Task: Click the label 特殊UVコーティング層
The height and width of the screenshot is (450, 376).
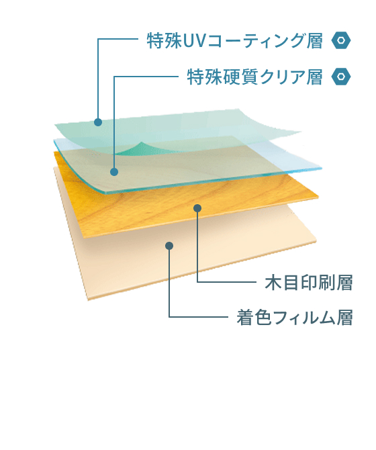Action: pos(235,41)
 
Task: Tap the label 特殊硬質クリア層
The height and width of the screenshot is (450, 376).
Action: pos(255,77)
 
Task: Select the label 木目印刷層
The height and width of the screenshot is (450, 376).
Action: pos(309,283)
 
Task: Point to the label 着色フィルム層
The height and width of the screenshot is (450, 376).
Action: pos(295,318)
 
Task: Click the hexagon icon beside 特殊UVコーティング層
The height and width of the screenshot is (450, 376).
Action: pos(341,40)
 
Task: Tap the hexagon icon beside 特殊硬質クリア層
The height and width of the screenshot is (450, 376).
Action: pos(341,77)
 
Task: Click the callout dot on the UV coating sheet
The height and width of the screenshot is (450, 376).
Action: pos(98,122)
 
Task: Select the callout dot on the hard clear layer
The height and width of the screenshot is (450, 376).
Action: pos(114,172)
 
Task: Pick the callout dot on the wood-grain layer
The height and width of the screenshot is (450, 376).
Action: pos(197,208)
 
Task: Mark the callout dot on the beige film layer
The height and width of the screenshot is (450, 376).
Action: pos(169,246)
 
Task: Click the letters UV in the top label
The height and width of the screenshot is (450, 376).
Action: pos(194,41)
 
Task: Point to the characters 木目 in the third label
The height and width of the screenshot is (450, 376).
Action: pos(282,283)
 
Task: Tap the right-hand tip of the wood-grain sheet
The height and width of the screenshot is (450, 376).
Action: pos(318,197)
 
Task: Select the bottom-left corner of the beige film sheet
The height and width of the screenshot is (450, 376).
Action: pos(89,300)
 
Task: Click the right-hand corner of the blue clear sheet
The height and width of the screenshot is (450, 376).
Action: pos(322,168)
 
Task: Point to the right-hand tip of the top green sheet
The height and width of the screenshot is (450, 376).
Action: pos(301,132)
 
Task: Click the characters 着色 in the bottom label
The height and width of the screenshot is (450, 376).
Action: pos(254,318)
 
